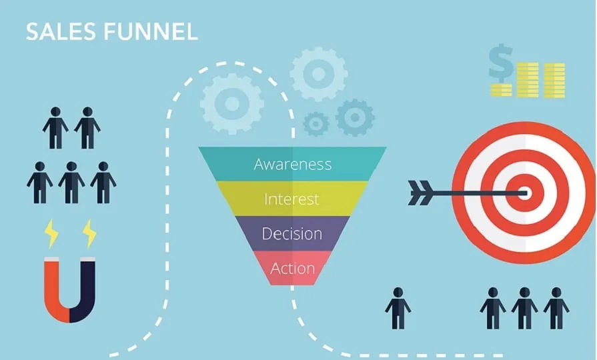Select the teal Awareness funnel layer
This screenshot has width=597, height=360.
pos(292,164)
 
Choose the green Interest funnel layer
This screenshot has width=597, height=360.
pos(292,199)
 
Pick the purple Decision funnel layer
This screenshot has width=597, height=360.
pos(292,234)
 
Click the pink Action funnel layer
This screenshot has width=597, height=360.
pos(292,269)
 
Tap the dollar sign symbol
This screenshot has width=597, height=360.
pos(501,65)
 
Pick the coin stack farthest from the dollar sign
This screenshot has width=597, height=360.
pos(554,80)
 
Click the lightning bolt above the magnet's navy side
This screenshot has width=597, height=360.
pos(89,233)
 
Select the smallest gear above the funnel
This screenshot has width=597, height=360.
pos(316,123)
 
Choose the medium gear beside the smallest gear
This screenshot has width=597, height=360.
pos(355,117)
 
